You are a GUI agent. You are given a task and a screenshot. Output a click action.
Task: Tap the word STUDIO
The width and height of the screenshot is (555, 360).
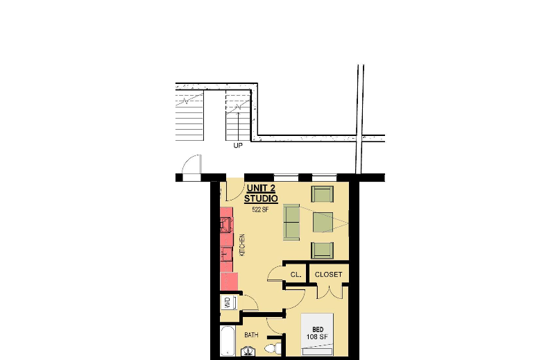coord(261,198)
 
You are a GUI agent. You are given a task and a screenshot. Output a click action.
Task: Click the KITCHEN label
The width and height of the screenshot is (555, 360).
coord(242,245)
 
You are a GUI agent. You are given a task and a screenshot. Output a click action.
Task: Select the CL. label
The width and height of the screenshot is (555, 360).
coord(295,275)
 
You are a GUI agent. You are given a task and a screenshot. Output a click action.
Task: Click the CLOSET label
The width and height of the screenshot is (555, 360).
coord(328,275)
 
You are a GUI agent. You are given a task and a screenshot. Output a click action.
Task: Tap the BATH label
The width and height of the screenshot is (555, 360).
coord(251,335)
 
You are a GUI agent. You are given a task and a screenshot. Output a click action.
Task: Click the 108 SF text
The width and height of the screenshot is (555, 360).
coord(318,337)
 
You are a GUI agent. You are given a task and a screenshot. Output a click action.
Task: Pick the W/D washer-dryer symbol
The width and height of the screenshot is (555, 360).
coord(227,303)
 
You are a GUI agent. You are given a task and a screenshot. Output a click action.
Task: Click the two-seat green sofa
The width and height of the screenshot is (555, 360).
coord(291,222)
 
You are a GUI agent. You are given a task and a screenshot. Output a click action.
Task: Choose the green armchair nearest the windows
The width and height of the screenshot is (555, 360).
coord(323,194)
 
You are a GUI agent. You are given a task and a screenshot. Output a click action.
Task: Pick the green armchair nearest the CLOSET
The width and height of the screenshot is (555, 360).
coord(323,249)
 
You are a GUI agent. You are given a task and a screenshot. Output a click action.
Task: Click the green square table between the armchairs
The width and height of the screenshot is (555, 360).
coord(323,222)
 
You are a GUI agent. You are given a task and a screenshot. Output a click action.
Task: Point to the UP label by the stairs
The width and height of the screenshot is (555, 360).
coord(238,146)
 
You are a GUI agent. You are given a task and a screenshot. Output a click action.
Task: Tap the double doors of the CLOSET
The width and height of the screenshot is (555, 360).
coord(328,291)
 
